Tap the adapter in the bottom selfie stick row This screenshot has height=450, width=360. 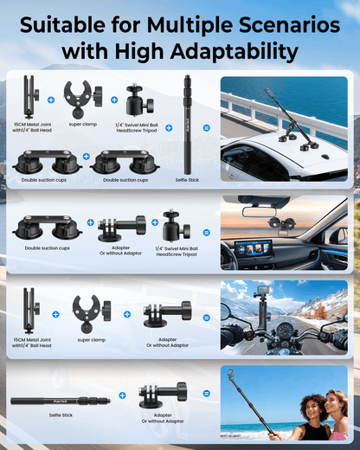[164, 397]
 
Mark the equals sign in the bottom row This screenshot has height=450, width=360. [206, 400]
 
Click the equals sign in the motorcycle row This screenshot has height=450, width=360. [206, 315]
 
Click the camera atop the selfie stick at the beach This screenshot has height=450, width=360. [231, 375]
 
